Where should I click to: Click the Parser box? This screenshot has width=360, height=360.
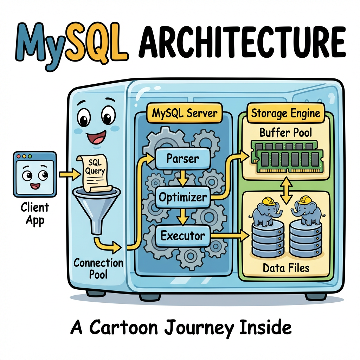(x=182, y=159)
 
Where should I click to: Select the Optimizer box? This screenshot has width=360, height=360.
(x=182, y=197)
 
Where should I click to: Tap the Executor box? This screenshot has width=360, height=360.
(x=182, y=236)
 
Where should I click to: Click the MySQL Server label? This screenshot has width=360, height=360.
(x=185, y=113)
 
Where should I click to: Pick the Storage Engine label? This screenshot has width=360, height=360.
(x=285, y=113)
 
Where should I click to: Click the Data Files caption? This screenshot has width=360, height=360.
(x=286, y=268)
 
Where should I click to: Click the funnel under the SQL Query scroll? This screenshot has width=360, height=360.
(x=97, y=207)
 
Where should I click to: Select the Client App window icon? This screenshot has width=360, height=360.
(x=34, y=174)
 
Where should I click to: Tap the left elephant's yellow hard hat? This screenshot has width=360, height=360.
(x=269, y=200)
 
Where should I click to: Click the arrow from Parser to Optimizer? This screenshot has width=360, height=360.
(x=182, y=178)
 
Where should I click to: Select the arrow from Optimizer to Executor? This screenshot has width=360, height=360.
(x=182, y=217)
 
